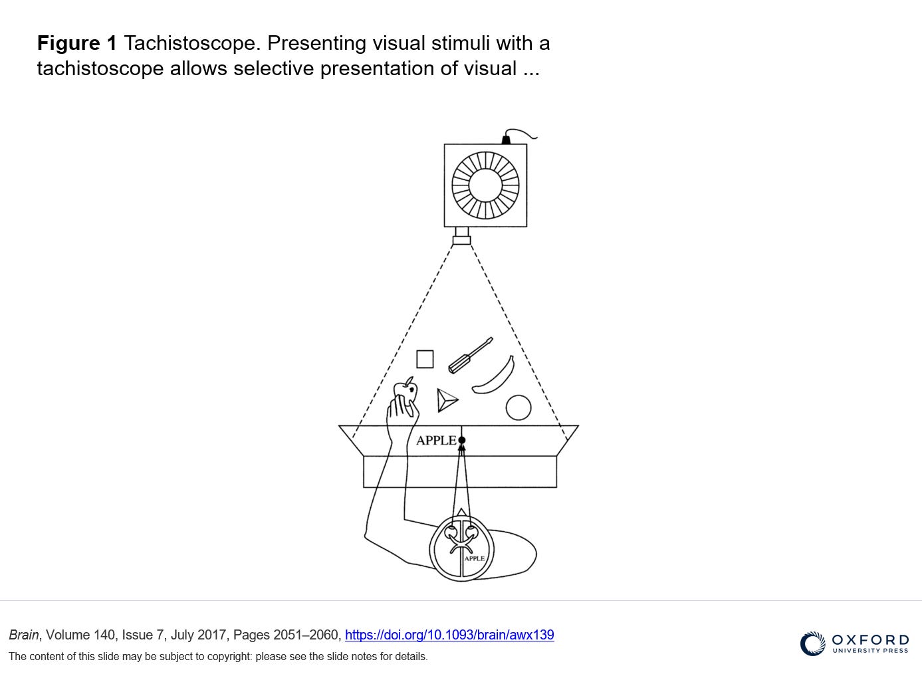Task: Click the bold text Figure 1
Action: (x=77, y=43)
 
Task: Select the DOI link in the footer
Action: (x=449, y=635)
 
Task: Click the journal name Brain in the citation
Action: (x=24, y=635)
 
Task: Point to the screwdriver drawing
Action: (x=471, y=355)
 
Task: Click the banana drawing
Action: (x=493, y=375)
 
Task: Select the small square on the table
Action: (x=425, y=359)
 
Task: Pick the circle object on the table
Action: (x=519, y=407)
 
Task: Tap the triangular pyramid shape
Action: (x=447, y=400)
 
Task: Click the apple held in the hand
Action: (x=405, y=390)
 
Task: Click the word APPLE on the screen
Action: (x=436, y=440)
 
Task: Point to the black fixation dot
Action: (x=461, y=440)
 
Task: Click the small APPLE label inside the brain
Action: (x=475, y=558)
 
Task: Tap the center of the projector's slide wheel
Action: (x=485, y=185)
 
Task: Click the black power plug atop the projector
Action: (x=506, y=140)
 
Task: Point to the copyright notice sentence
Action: (x=218, y=657)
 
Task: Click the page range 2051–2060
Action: (x=306, y=635)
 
